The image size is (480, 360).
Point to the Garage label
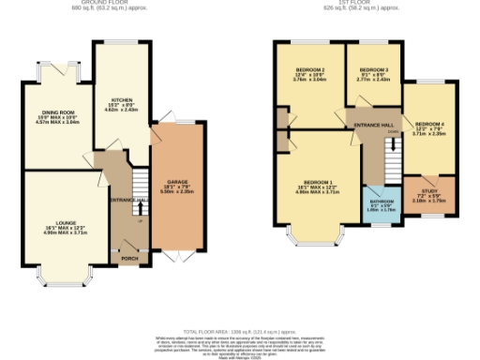click(178, 183)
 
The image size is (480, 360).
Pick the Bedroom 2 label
click(309, 73)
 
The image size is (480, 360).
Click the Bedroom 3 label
click(373, 72)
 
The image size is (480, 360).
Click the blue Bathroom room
click(382, 205)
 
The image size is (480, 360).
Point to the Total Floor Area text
click(240, 332)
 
